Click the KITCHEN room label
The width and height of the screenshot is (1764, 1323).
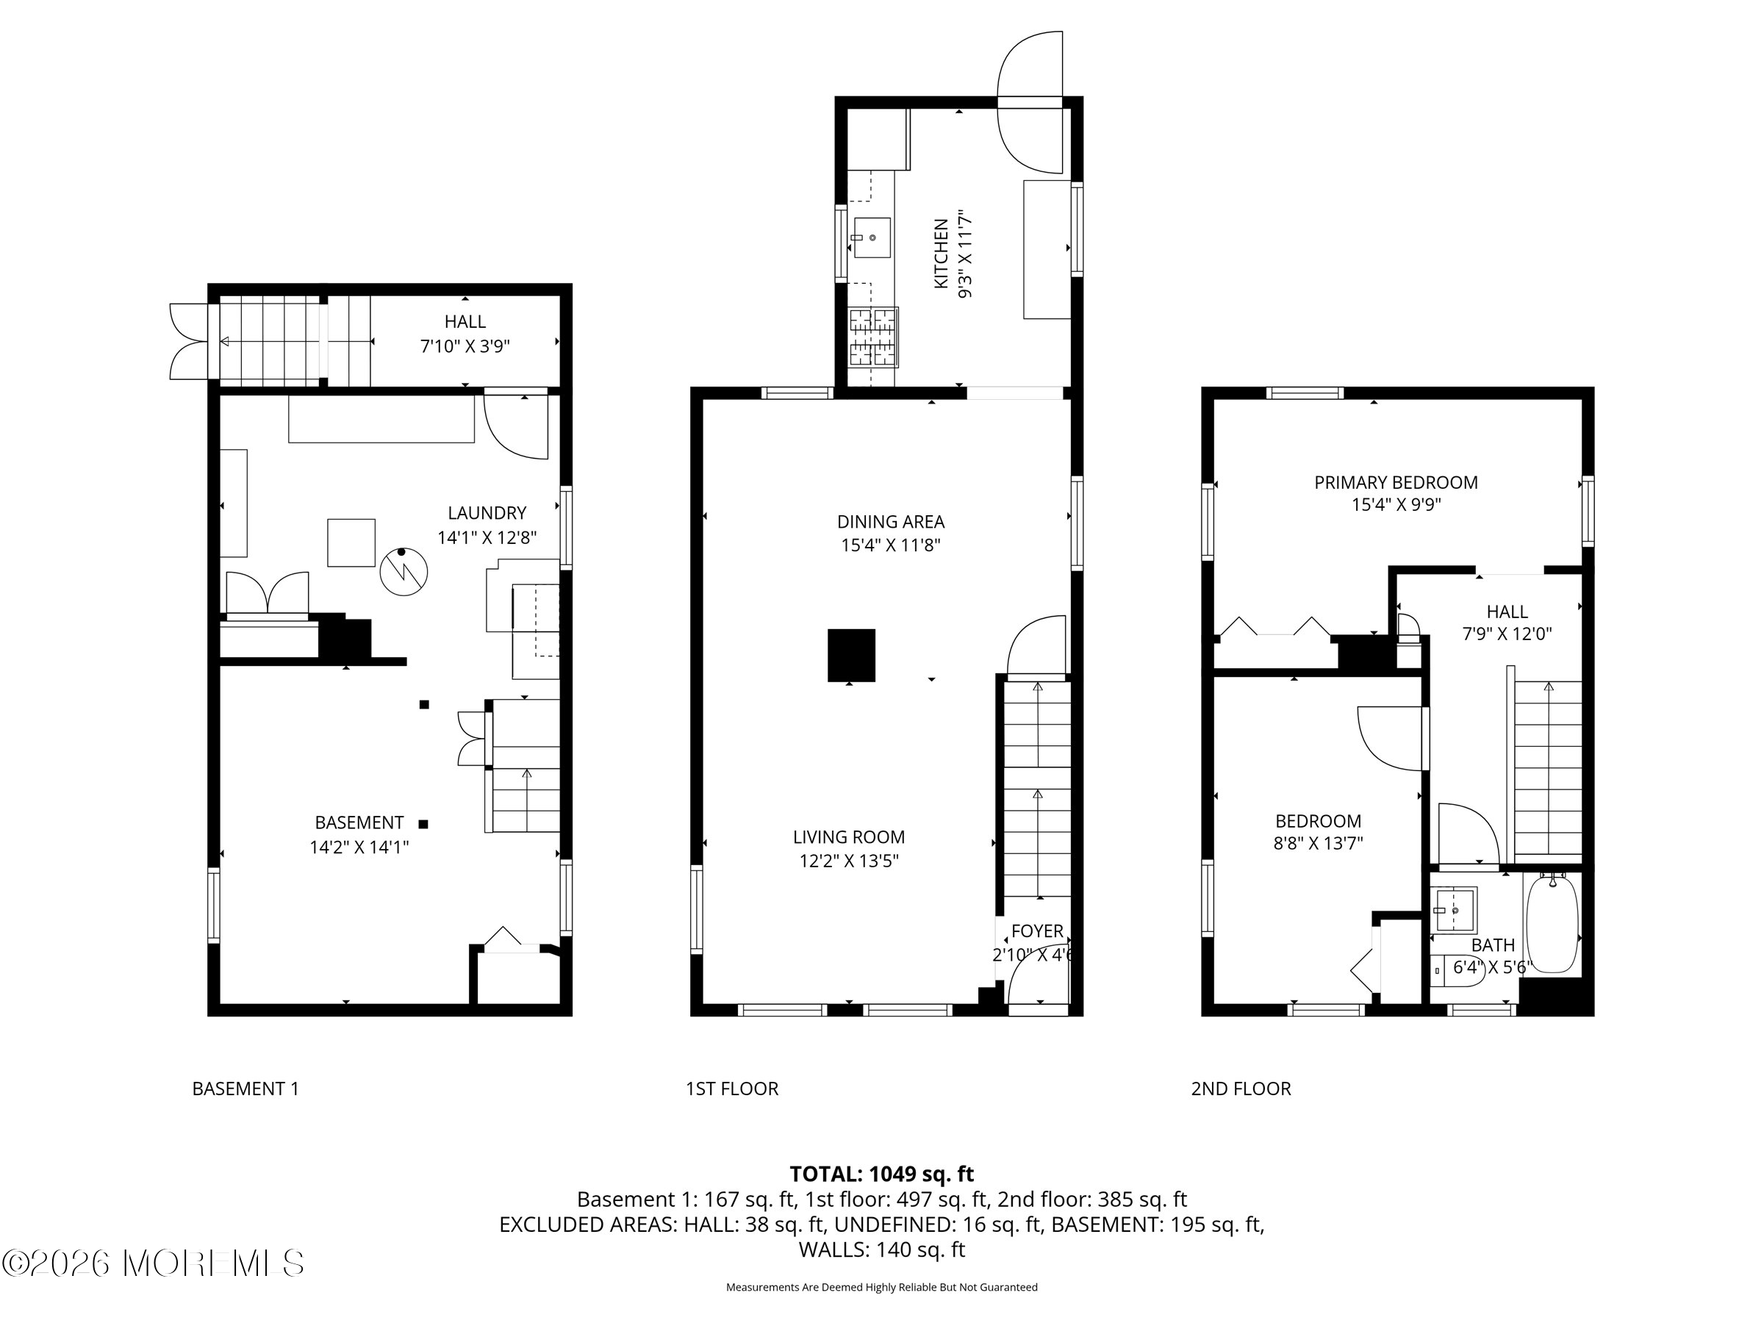pyautogui.click(x=941, y=254)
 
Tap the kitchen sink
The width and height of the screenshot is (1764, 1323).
pyautogui.click(x=872, y=237)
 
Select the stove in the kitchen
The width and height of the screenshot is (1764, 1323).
pyautogui.click(x=873, y=337)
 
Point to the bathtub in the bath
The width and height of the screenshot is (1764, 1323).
pyautogui.click(x=1552, y=923)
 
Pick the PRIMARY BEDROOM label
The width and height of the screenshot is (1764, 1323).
pyautogui.click(x=1396, y=482)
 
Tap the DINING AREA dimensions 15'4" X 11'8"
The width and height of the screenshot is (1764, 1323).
pyautogui.click(x=891, y=545)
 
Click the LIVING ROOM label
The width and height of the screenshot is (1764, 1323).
pyautogui.click(x=848, y=837)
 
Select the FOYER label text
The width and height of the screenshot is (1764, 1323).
pyautogui.click(x=1036, y=931)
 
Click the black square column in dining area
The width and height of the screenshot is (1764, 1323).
pyautogui.click(x=851, y=656)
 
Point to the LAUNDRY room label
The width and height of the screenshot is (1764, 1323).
pyautogui.click(x=487, y=513)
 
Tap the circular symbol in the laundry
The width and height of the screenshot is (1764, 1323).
pyautogui.click(x=404, y=571)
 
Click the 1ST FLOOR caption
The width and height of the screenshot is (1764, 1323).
pyautogui.click(x=732, y=1089)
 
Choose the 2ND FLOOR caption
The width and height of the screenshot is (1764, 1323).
pyautogui.click(x=1241, y=1089)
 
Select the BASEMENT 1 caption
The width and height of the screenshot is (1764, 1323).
pyautogui.click(x=245, y=1089)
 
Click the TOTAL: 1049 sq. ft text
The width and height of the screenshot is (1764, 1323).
pyautogui.click(x=881, y=1174)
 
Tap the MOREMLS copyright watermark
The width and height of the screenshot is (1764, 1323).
pyautogui.click(x=153, y=1263)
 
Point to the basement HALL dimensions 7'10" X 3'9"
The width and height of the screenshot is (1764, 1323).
pyautogui.click(x=465, y=346)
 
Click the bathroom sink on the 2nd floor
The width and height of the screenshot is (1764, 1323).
pyautogui.click(x=1455, y=909)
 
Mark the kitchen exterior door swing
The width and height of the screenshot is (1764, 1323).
pyautogui.click(x=1030, y=102)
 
